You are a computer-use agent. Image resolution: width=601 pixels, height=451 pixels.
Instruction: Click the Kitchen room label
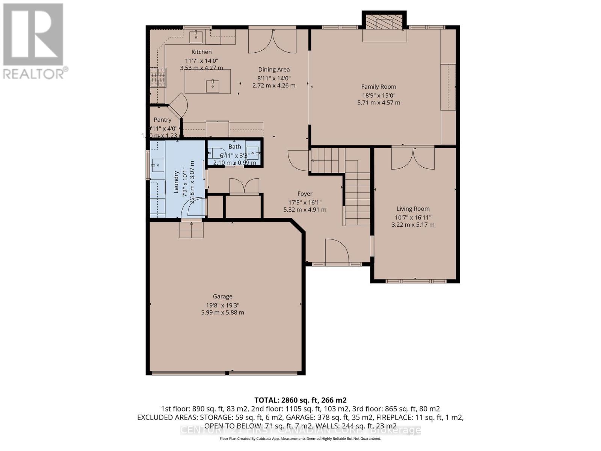coord(201,52)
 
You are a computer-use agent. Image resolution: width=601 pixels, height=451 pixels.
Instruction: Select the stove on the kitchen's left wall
coord(157,77)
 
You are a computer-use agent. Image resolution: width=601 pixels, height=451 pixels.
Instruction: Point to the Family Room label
coord(379,87)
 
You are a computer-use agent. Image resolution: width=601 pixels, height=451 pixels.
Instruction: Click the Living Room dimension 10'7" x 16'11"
coord(413,217)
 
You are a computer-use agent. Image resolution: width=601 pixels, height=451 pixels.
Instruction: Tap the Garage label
coord(222,297)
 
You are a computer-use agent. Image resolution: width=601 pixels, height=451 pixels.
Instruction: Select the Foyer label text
coord(305,194)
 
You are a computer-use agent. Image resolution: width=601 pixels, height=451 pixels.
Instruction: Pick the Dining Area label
coord(274,70)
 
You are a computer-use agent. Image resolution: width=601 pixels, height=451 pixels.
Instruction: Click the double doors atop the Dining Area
coord(272,40)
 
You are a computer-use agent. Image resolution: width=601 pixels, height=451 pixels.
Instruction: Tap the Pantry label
coord(162,120)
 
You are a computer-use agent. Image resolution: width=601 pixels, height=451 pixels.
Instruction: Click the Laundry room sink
coord(158,165)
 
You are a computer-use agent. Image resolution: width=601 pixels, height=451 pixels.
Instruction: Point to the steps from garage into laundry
coord(191,230)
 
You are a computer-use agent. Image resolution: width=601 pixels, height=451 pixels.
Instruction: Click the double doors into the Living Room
coord(413,159)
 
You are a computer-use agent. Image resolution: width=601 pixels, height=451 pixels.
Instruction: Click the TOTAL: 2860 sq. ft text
coord(300,400)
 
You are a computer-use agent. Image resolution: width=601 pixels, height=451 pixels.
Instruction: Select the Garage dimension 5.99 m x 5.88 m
coord(222,312)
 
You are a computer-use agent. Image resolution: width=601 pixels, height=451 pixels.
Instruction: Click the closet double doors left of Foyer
coord(244,186)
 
